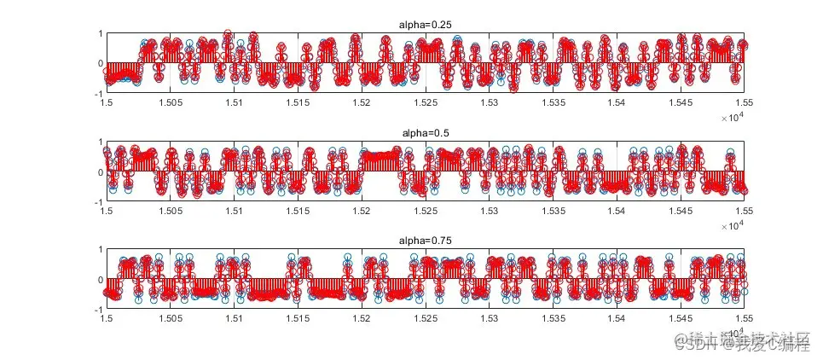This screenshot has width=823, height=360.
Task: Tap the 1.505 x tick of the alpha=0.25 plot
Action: pyautogui.click(x=170, y=102)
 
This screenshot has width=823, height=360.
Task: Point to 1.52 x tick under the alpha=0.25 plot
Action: pyautogui.click(x=362, y=102)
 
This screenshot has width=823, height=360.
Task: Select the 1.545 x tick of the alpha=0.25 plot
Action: pyautogui.click(x=681, y=102)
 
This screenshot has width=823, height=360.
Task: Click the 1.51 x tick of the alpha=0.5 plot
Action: pyautogui.click(x=234, y=211)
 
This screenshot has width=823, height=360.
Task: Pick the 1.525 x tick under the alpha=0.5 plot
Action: pyautogui.click(x=426, y=211)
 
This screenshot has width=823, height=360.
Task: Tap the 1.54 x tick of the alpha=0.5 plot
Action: pyautogui.click(x=617, y=211)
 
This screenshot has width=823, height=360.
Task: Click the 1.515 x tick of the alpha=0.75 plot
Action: pyautogui.click(x=298, y=318)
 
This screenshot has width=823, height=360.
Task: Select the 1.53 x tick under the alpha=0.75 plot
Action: pyautogui.click(x=490, y=318)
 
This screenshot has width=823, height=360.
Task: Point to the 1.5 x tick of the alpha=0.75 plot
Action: pyautogui.click(x=107, y=318)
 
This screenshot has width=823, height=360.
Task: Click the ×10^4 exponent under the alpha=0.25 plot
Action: pyautogui.click(x=732, y=117)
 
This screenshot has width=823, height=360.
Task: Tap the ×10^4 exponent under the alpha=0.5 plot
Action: pyautogui.click(x=732, y=225)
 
